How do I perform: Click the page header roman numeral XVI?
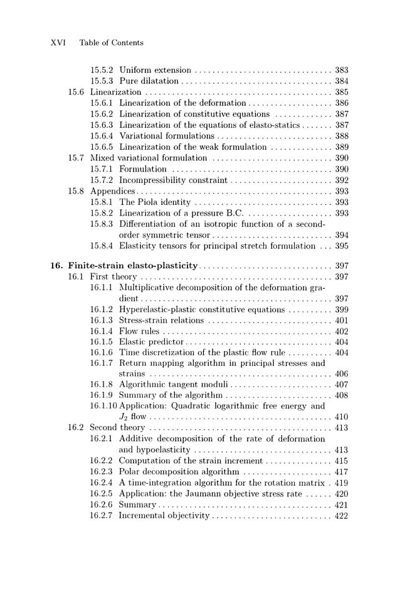pos(58,43)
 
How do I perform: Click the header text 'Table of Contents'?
pos(111,43)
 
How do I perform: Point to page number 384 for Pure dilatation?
pos(342,81)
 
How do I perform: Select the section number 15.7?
pos(76,158)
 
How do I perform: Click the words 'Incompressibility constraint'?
pos(173,180)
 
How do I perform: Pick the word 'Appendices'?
pos(113,191)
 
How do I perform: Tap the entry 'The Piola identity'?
pos(155,202)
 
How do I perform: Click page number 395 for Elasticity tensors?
pos(342,246)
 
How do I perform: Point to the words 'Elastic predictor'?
pos(151,342)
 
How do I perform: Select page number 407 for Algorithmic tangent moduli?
pos(342,384)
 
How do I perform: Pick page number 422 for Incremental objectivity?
pos(342,516)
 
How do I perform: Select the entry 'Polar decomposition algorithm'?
pos(179,472)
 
